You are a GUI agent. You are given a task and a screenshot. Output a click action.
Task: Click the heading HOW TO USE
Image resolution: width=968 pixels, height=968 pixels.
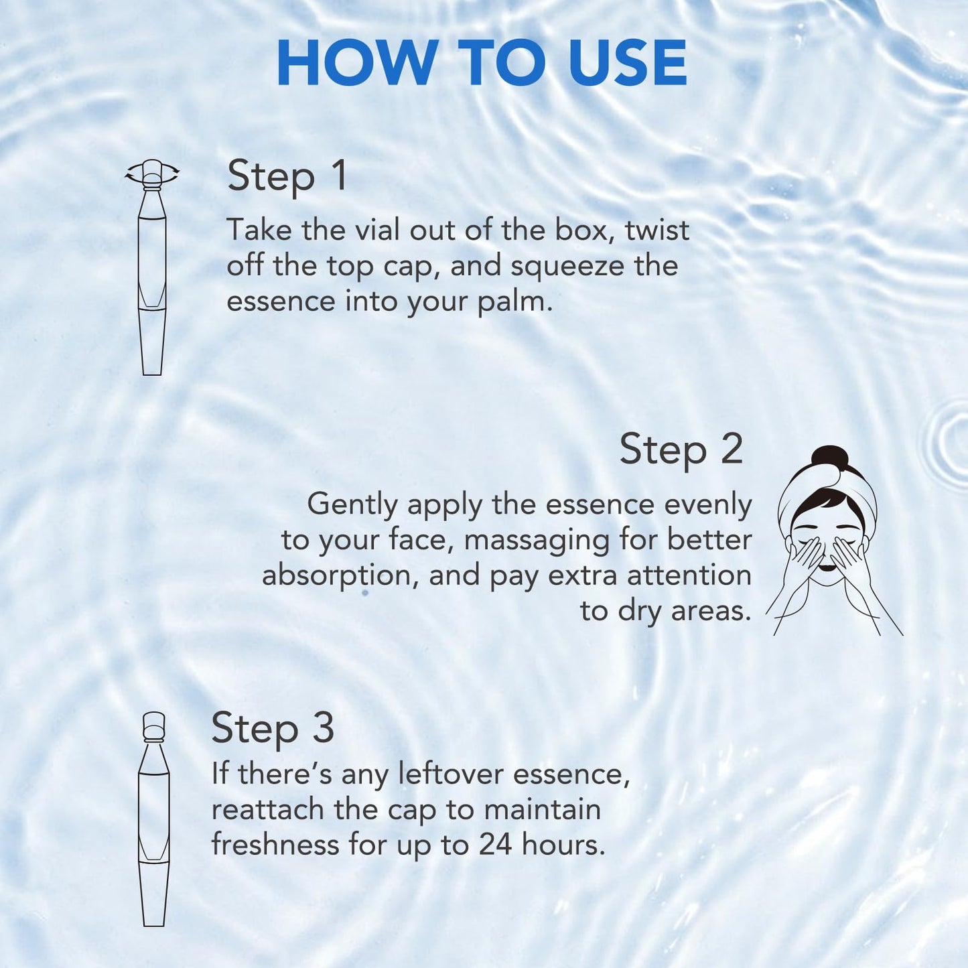482,63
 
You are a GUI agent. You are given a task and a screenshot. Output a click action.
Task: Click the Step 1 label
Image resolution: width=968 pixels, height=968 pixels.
287,177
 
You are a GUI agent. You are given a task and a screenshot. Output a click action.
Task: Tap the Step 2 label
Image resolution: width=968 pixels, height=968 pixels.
681,450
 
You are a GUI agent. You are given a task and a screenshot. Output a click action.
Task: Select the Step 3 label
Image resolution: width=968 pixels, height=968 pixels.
273,728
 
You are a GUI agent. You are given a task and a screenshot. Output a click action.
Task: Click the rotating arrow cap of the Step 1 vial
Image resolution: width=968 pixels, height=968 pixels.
152,173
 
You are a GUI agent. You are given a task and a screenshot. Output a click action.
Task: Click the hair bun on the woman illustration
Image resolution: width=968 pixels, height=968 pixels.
829,458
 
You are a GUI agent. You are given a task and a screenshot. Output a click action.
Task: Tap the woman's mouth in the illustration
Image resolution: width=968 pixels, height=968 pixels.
827,568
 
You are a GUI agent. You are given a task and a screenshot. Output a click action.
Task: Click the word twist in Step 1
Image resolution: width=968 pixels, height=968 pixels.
656,230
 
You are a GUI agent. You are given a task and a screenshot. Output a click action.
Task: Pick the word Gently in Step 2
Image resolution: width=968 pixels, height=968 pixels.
352,505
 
